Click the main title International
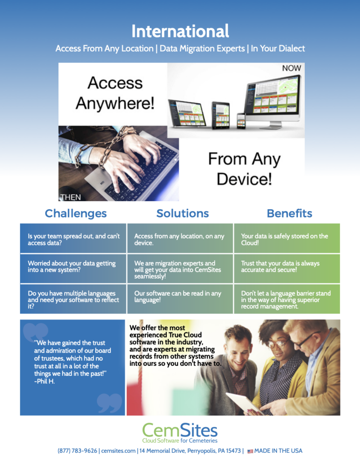pyautogui.click(x=180, y=31)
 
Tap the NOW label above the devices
pyautogui.click(x=292, y=68)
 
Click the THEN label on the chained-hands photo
pyautogui.click(x=71, y=197)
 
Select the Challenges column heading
pyautogui.click(x=76, y=213)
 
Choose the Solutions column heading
pyautogui.click(x=183, y=213)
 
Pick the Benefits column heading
pyautogui.click(x=289, y=213)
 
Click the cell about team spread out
pyautogui.click(x=73, y=238)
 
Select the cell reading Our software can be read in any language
pyautogui.click(x=180, y=299)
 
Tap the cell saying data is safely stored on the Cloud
pyautogui.click(x=287, y=238)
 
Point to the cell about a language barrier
pyautogui.click(x=287, y=299)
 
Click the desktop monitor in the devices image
pyautogui.click(x=273, y=101)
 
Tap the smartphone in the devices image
pyautogui.click(x=241, y=120)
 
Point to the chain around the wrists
pyautogui.click(x=98, y=149)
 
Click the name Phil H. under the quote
pyautogui.click(x=45, y=381)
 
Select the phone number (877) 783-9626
pyautogui.click(x=77, y=451)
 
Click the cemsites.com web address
pyautogui.click(x=118, y=451)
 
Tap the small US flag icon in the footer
pyautogui.click(x=250, y=451)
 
